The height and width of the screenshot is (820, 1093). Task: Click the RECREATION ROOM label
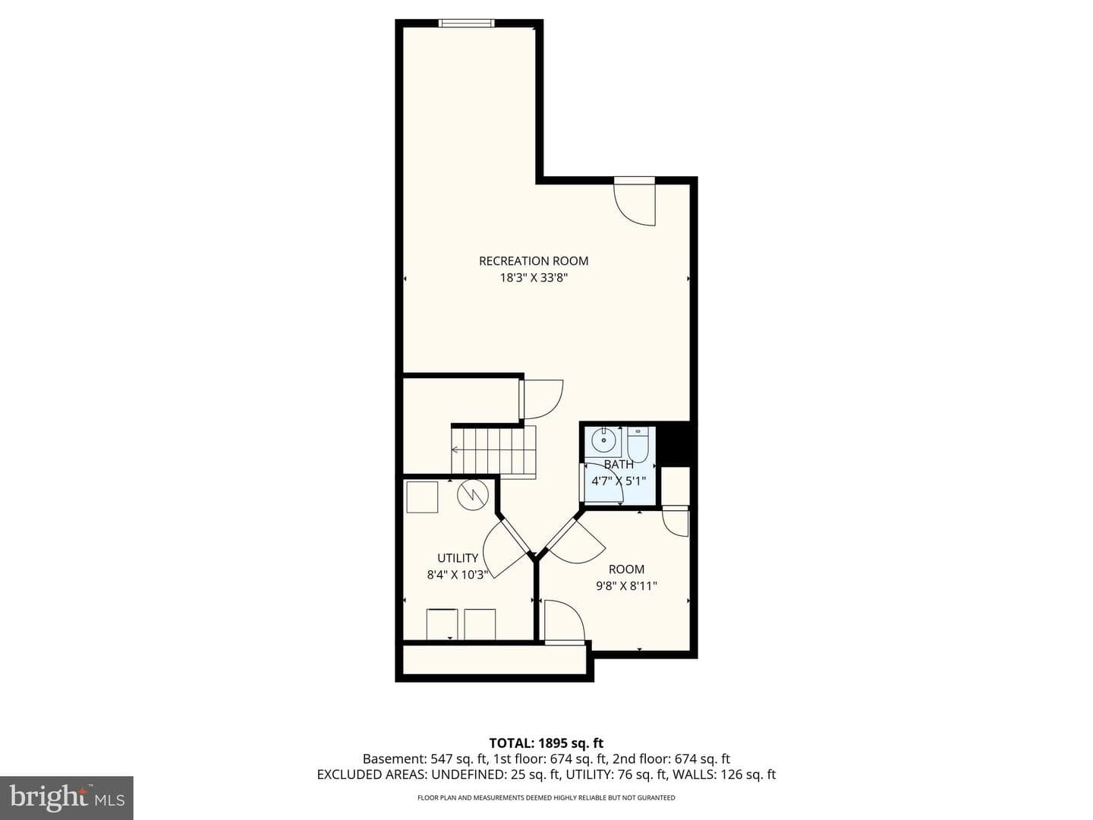click(534, 261)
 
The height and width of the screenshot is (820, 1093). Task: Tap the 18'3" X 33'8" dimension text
click(534, 278)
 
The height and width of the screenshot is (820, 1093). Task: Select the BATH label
click(619, 465)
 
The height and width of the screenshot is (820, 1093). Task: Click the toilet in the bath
click(637, 444)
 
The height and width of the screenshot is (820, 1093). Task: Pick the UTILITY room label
click(458, 558)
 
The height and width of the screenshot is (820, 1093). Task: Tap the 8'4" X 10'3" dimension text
click(457, 575)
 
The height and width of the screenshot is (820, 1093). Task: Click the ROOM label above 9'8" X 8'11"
click(626, 569)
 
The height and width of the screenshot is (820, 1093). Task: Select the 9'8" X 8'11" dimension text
click(626, 586)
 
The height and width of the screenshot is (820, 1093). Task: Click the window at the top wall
click(467, 23)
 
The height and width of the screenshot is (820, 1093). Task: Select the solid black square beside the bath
click(676, 443)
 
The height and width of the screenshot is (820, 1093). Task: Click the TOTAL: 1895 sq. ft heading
click(546, 743)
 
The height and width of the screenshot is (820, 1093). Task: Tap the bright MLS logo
click(66, 797)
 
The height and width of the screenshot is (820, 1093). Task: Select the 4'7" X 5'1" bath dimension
click(619, 481)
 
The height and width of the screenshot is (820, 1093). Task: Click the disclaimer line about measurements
click(546, 798)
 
